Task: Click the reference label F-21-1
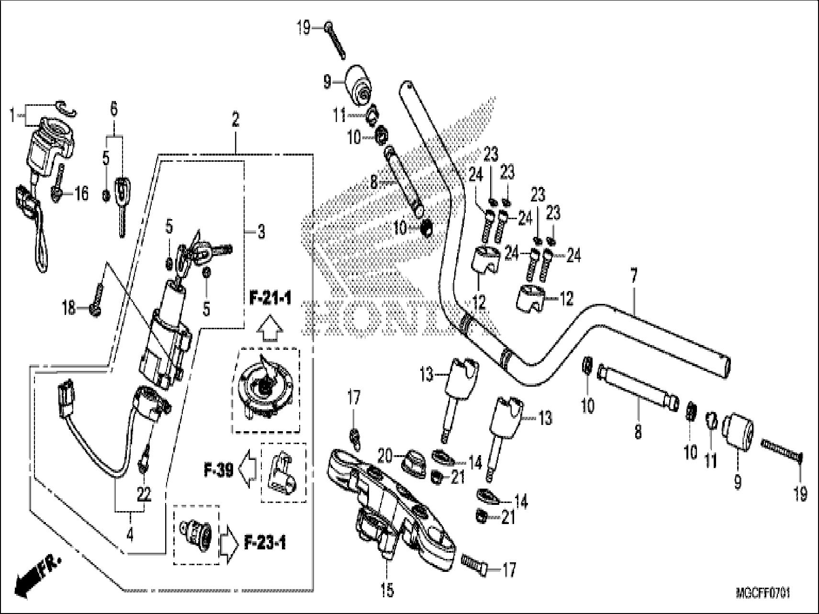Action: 270,300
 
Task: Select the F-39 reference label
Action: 218,471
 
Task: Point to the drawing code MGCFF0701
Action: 763,594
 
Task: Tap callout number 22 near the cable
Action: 144,494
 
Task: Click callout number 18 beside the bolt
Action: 69,308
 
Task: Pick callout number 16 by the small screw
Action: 81,194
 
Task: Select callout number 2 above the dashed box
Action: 235,120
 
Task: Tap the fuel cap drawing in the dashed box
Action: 264,390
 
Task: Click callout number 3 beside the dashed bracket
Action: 260,233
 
